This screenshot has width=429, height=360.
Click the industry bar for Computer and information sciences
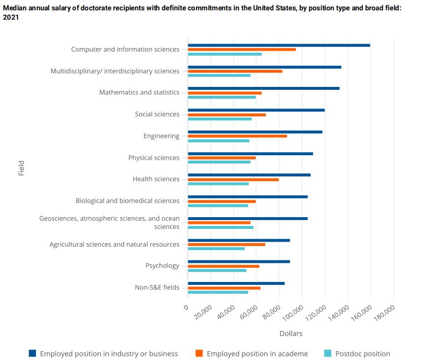point(279,45)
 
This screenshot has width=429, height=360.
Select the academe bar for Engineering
point(237,136)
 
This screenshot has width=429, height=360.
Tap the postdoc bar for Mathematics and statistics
point(222,97)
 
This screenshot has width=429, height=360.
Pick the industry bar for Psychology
point(239,262)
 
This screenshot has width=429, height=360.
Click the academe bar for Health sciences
point(233,179)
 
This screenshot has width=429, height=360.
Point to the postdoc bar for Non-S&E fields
point(218,292)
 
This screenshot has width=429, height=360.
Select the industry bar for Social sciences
point(256,110)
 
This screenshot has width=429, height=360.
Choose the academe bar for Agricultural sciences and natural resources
point(227,244)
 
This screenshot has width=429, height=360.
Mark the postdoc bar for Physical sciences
point(219,162)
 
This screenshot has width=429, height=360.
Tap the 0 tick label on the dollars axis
point(186,307)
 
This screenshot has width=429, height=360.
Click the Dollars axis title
point(291,333)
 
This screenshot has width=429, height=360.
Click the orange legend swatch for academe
point(199,353)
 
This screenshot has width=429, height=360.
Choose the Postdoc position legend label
point(363,354)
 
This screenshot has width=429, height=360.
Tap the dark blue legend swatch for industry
point(32,353)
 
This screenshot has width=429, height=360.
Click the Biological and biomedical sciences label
point(127,201)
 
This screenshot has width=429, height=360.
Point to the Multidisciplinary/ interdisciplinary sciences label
point(115,71)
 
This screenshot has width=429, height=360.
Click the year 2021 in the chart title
point(11,17)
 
